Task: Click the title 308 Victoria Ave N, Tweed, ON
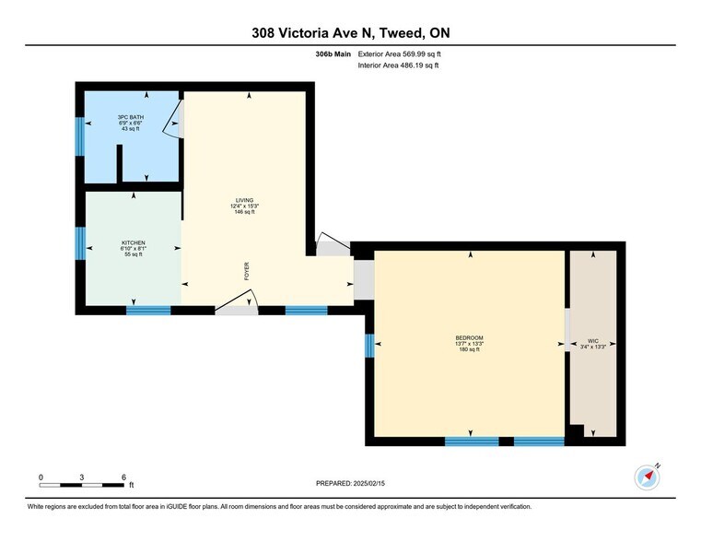coord(350,33)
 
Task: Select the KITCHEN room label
coord(133,248)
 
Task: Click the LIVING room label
coord(244,206)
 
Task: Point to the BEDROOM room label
coord(469,343)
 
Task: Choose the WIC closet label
coord(592,343)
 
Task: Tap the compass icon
coord(648,477)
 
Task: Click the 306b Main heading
coord(333,55)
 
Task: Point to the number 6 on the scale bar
coord(123,477)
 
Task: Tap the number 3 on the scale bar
coord(82,477)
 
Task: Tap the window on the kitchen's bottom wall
coord(148,311)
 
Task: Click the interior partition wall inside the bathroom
coord(120,164)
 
